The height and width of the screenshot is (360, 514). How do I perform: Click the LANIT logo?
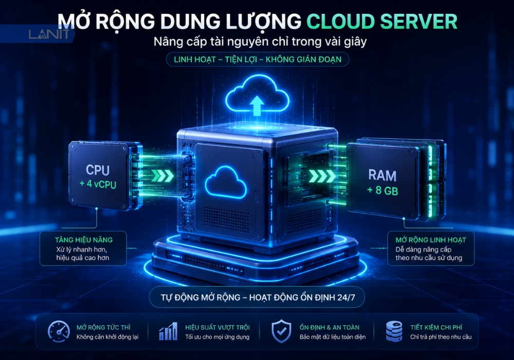[x=49, y=34]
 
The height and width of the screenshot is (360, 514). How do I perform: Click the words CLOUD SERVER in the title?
[x=382, y=22]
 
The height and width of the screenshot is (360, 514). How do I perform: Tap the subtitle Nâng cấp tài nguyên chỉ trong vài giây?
[x=260, y=42]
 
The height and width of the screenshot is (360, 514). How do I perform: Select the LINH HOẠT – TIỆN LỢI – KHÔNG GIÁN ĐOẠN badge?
[x=258, y=59]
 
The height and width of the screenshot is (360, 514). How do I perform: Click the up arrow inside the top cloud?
[x=256, y=105]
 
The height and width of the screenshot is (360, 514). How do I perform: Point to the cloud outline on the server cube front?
[x=226, y=182]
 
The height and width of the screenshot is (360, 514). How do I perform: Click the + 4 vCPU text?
[x=98, y=184]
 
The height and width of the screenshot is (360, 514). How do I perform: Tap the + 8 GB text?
[x=382, y=190]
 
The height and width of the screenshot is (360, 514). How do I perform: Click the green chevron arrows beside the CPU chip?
[x=162, y=176]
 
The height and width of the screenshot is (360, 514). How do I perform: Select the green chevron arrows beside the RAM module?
[x=323, y=176]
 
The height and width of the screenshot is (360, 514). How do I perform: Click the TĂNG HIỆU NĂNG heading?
[x=84, y=240]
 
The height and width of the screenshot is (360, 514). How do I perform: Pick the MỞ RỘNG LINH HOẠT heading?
[x=431, y=240]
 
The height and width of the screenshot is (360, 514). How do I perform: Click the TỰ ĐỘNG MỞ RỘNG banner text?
[x=258, y=298]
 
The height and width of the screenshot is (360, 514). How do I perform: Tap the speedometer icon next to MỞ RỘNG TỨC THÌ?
[x=59, y=332]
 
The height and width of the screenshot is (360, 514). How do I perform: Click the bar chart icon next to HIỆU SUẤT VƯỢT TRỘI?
[x=168, y=331]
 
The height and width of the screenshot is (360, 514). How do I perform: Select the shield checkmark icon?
[x=281, y=331]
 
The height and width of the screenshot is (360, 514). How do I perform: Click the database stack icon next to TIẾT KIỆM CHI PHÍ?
[x=394, y=331]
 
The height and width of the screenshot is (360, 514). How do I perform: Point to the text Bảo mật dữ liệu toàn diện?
[x=333, y=337]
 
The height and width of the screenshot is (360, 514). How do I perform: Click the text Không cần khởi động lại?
[x=107, y=337]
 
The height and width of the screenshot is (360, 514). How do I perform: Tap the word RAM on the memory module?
[x=382, y=175]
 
